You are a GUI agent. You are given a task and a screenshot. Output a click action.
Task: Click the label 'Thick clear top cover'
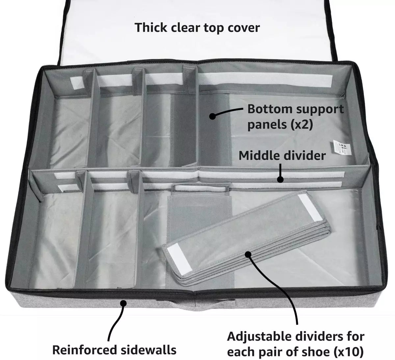197,28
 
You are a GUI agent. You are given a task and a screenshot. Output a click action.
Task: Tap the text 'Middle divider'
282,155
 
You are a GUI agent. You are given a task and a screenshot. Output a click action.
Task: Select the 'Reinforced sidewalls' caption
114,350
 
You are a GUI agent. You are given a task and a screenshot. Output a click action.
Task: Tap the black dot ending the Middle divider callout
280,179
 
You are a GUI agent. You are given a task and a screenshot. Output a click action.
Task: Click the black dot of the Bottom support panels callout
213,116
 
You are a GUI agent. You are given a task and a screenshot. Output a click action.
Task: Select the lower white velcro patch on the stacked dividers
177,254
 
